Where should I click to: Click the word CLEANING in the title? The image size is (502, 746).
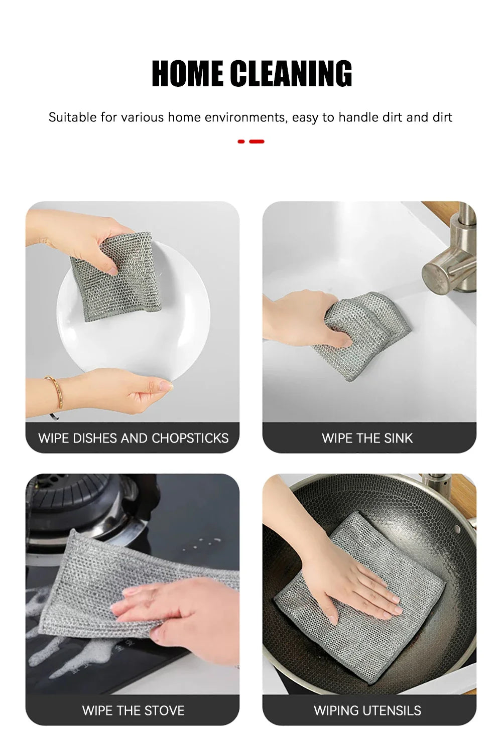point(291,74)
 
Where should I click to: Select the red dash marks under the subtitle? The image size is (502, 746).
point(251,141)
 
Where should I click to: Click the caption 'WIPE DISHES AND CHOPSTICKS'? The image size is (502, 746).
point(133,438)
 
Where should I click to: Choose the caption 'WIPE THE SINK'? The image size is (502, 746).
point(367,438)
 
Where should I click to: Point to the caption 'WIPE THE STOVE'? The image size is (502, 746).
point(133,710)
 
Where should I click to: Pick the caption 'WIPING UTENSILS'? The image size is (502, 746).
point(367,710)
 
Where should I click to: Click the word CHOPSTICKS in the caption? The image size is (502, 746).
point(190,438)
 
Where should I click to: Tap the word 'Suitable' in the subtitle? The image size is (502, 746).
point(72,117)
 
